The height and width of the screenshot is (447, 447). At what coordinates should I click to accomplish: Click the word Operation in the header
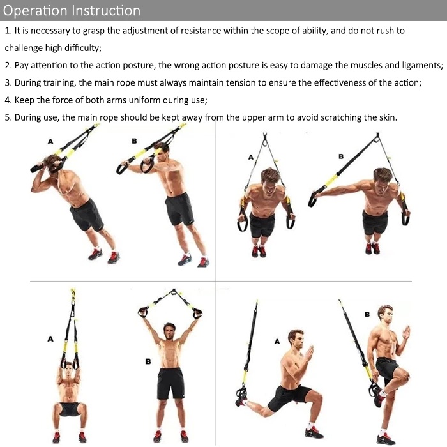[35, 11]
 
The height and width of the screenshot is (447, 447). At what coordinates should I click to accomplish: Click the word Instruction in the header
[106, 11]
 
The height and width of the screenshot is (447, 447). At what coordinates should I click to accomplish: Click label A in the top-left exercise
[50, 141]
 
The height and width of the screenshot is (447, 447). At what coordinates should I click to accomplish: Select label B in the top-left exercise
[134, 141]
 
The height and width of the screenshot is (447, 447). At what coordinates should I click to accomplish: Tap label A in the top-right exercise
[251, 157]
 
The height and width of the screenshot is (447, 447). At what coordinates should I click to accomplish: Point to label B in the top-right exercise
[341, 156]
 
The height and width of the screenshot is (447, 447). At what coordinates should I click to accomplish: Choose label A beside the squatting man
[50, 339]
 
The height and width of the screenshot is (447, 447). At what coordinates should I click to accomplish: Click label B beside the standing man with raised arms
[148, 361]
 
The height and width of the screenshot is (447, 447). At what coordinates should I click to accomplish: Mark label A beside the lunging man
[277, 341]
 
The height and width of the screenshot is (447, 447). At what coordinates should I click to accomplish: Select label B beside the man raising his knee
[367, 314]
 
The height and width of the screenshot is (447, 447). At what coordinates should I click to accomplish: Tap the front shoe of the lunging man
[314, 432]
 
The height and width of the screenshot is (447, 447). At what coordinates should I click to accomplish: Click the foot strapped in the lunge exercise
[242, 399]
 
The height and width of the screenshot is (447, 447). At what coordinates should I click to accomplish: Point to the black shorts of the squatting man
[69, 409]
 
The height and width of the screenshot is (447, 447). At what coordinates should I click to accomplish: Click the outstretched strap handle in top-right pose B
[314, 197]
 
